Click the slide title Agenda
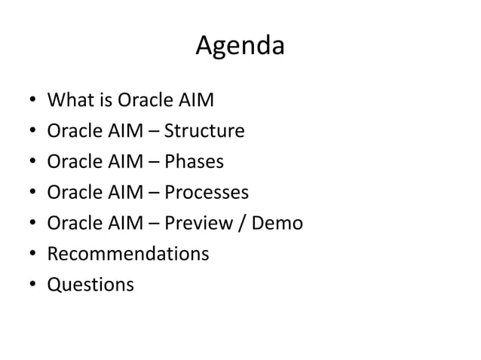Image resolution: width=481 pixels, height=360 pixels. coord(240,47)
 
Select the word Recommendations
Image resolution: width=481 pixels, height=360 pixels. coord(128,255)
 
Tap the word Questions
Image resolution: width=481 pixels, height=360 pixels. coord(90,285)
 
